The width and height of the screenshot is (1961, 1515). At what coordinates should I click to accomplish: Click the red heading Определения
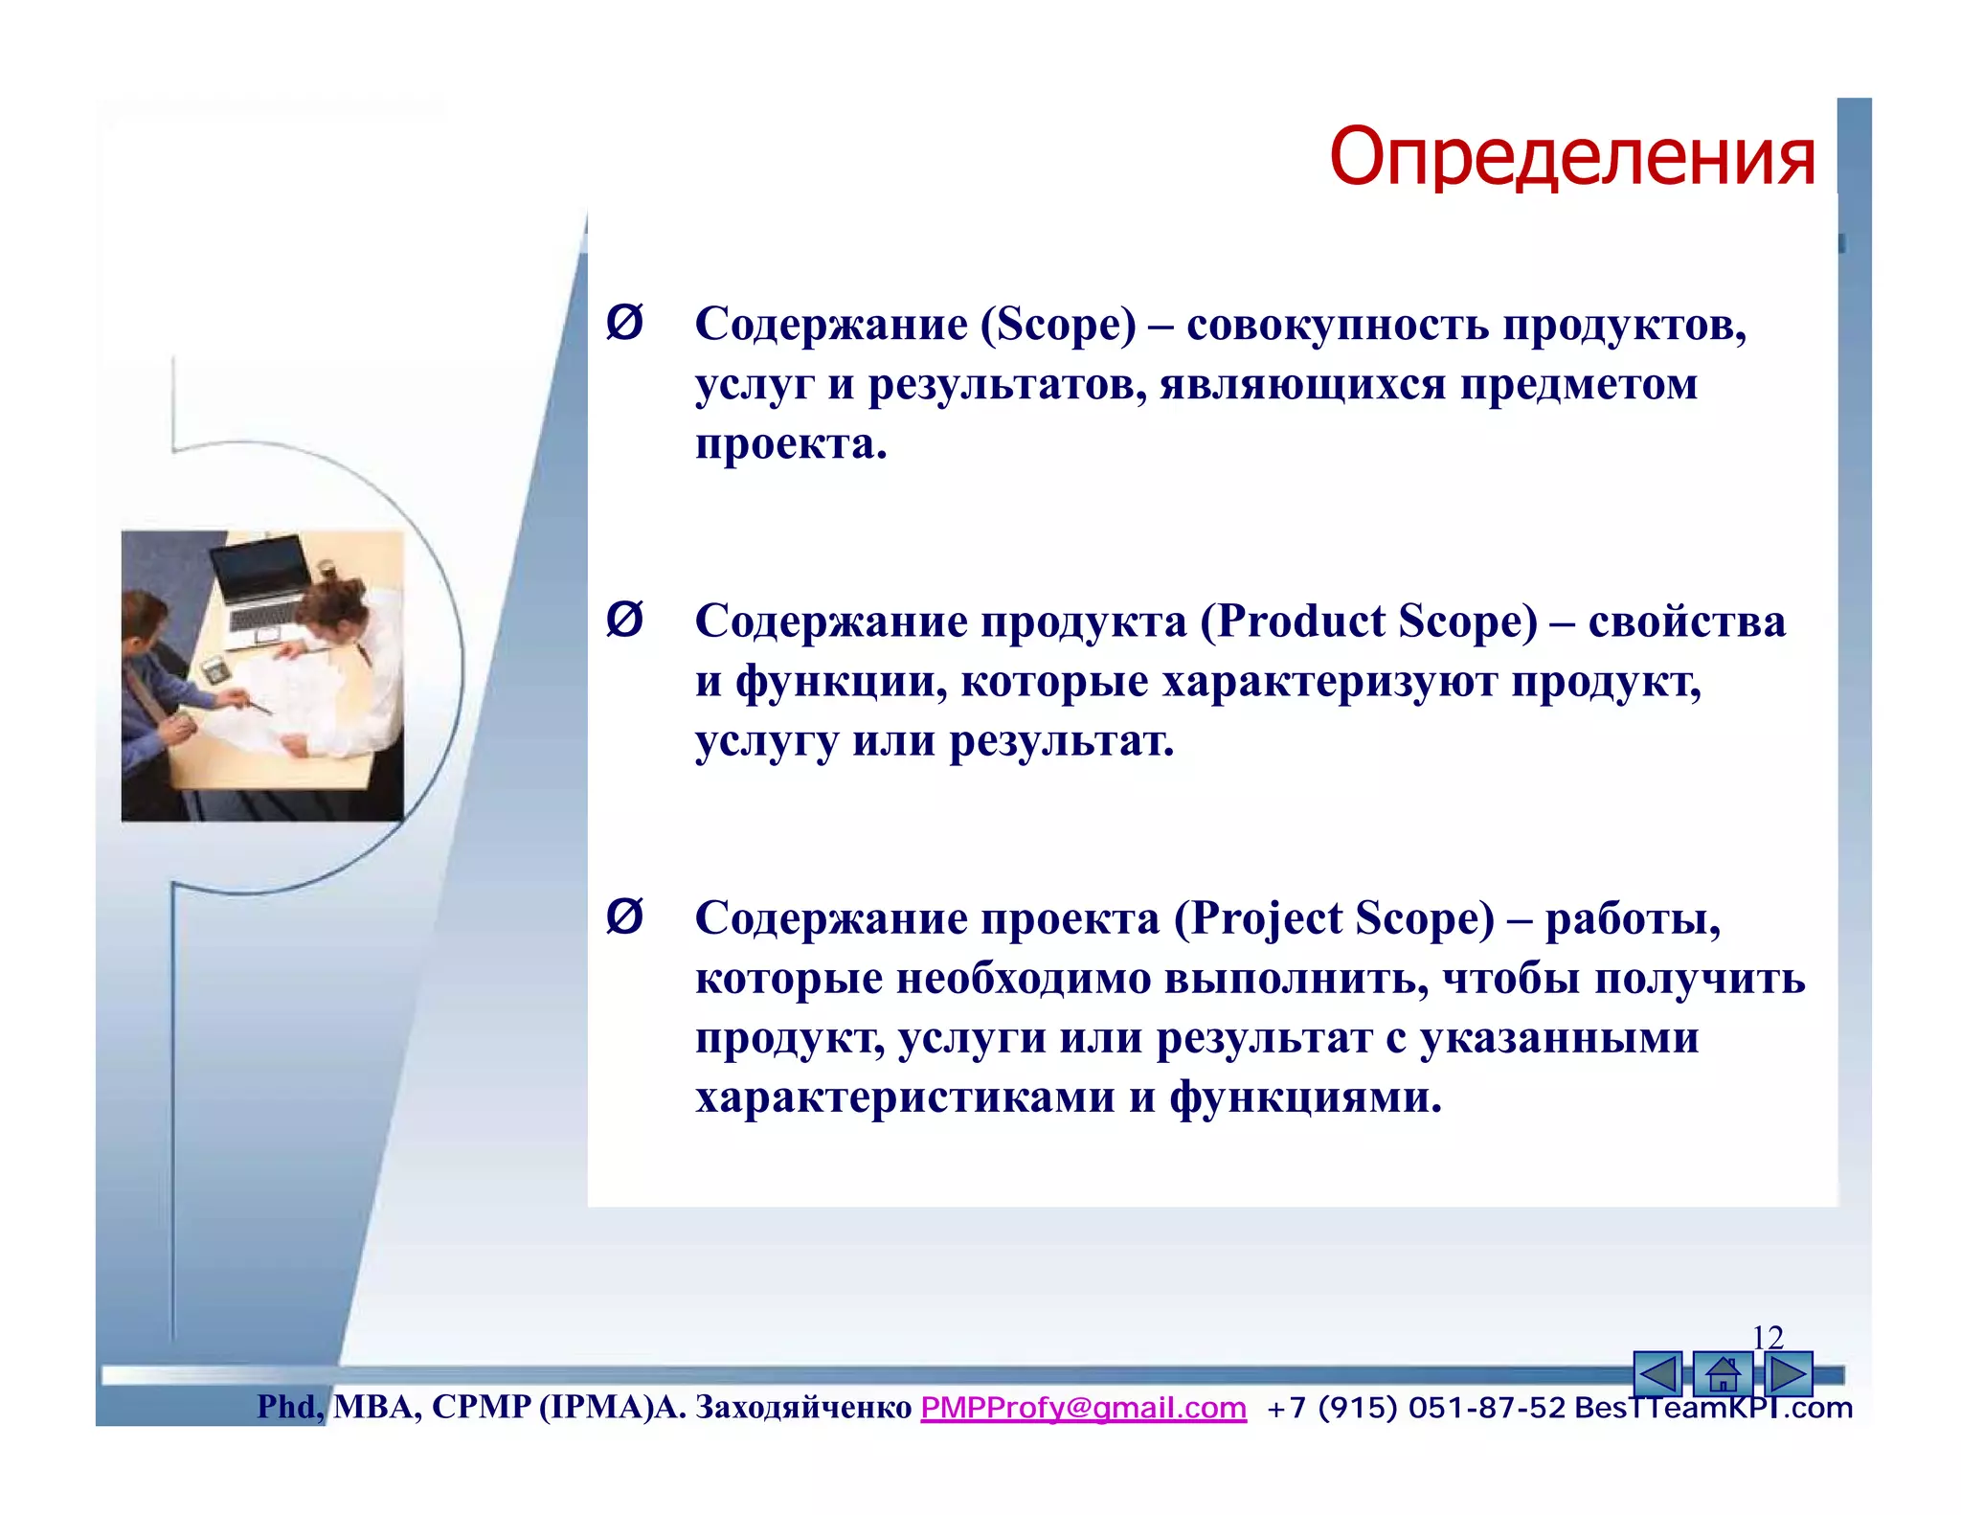(1571, 156)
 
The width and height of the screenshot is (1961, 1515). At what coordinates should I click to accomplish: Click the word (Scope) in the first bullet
(1057, 325)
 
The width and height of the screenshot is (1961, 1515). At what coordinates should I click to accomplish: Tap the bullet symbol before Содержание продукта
(624, 620)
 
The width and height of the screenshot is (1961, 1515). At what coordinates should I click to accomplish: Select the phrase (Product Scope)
(1368, 622)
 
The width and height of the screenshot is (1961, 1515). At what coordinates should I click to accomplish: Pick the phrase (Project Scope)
(1334, 918)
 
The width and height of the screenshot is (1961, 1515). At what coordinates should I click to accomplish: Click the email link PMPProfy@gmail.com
(1083, 1407)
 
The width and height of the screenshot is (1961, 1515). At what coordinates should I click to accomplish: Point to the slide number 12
(1767, 1336)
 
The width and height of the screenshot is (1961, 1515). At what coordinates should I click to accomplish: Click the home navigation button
(1722, 1374)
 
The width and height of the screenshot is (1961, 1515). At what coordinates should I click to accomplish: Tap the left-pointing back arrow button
(1657, 1374)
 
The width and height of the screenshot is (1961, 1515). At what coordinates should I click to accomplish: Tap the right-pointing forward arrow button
(1788, 1374)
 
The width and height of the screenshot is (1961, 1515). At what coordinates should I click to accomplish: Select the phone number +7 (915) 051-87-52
(1415, 1407)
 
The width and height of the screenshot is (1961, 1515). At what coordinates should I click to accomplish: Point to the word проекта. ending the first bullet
(791, 444)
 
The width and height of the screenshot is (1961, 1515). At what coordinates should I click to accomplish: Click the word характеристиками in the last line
(904, 1097)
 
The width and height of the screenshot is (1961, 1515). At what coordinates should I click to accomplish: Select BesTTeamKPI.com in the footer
(1713, 1407)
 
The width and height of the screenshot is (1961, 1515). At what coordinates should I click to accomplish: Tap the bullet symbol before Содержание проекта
(624, 916)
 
